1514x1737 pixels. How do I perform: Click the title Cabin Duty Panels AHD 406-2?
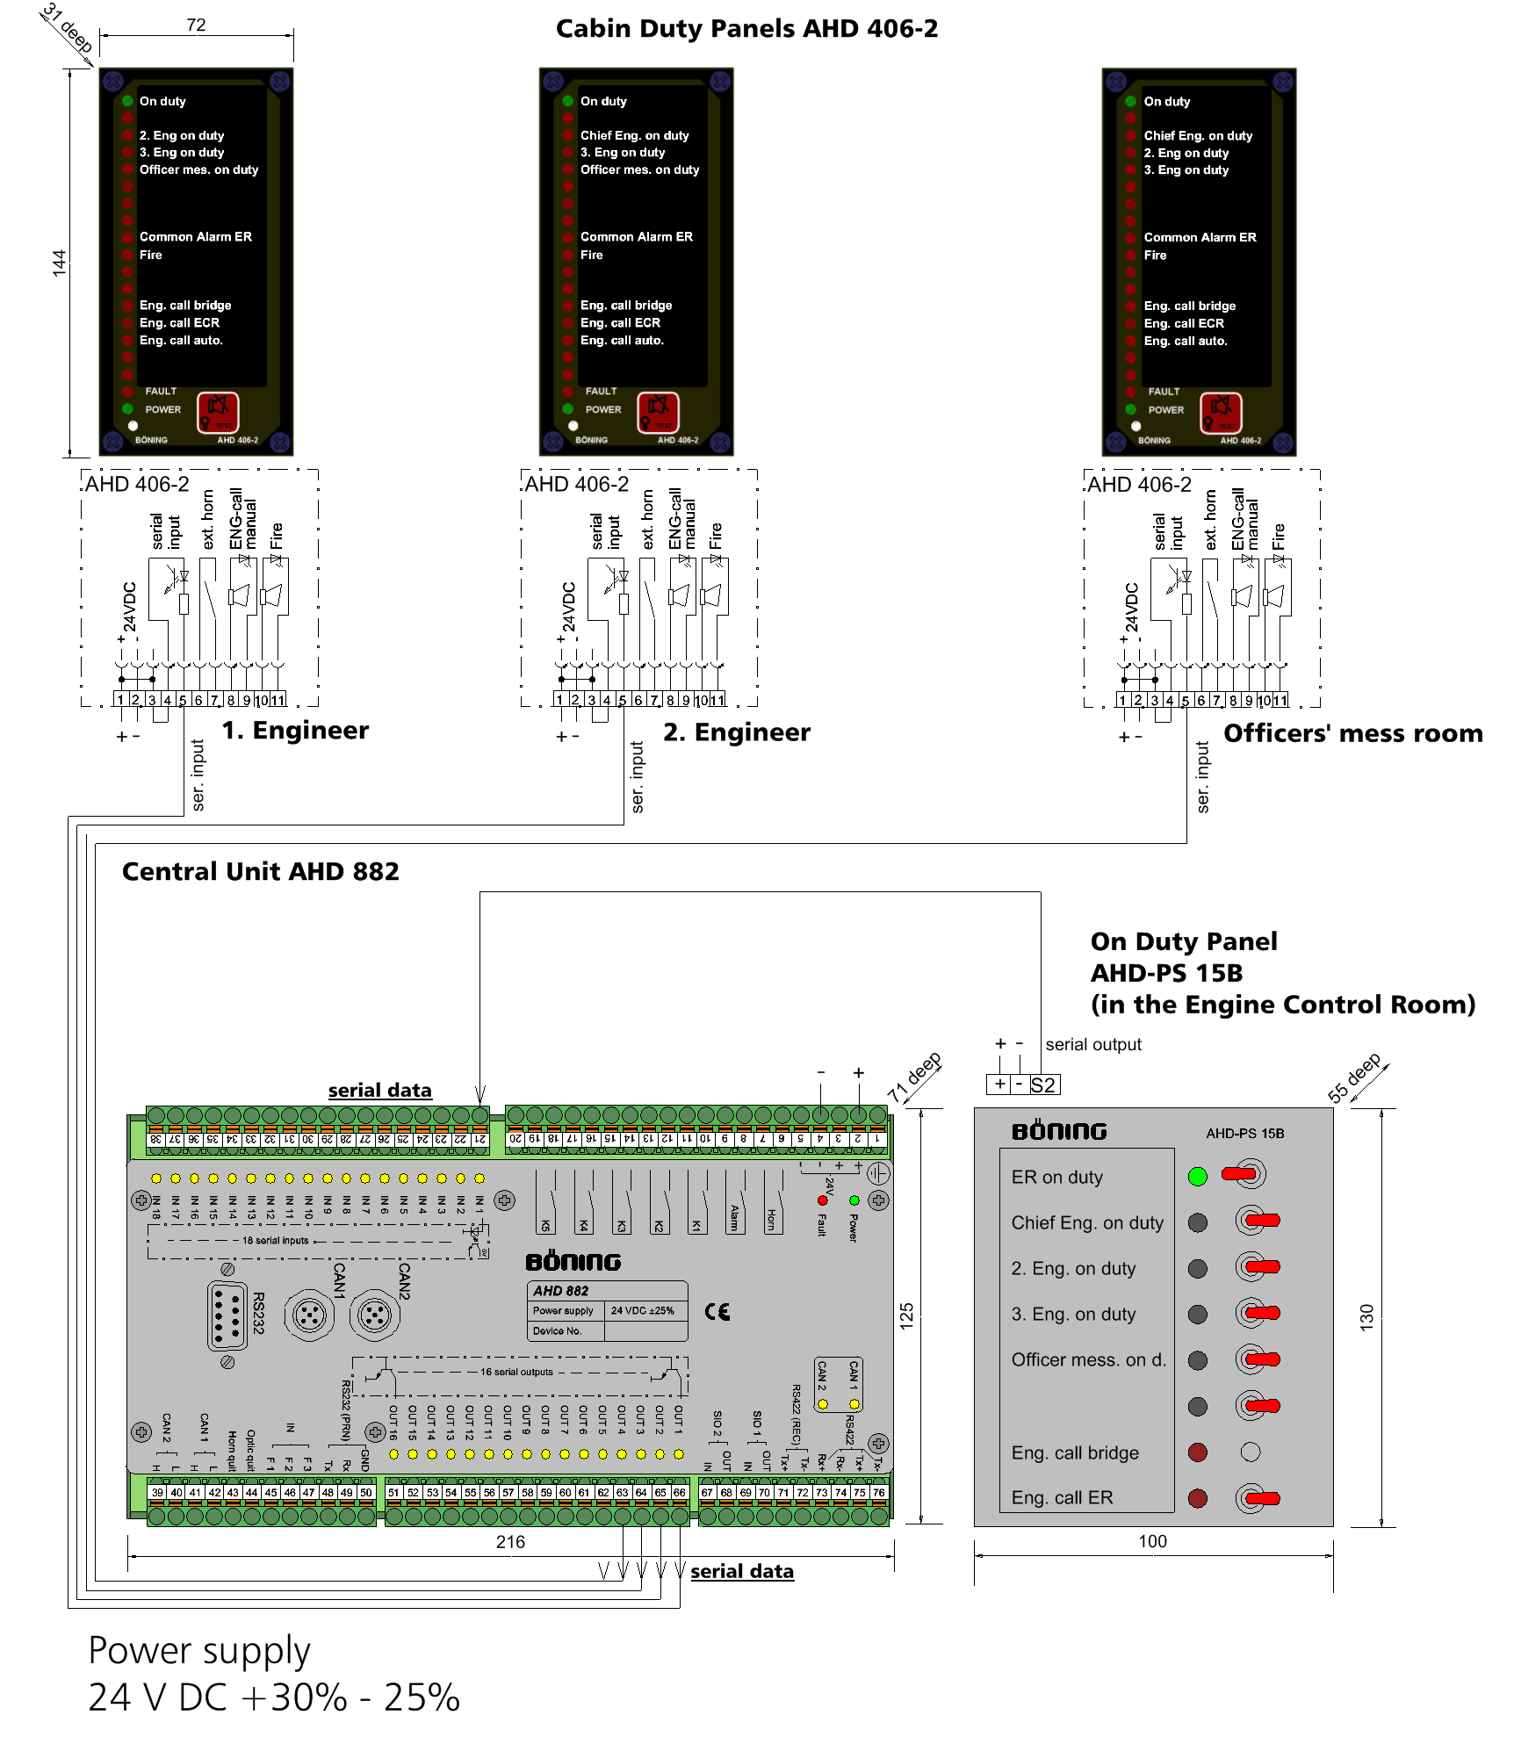[x=746, y=29]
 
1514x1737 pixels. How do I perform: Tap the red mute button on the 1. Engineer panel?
[x=217, y=411]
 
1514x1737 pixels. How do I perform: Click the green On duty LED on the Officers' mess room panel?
[x=1130, y=101]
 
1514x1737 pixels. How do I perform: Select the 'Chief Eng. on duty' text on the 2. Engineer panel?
[x=634, y=135]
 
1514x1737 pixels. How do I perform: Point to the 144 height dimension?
[x=59, y=263]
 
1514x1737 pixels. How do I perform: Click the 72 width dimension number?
[x=196, y=25]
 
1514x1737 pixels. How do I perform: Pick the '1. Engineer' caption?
[x=295, y=731]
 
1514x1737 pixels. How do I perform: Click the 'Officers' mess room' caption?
[x=1352, y=733]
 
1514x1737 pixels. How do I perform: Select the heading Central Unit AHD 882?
[x=260, y=871]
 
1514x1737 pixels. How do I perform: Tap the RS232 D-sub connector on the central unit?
[x=227, y=1315]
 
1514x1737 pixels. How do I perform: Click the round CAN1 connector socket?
[x=309, y=1315]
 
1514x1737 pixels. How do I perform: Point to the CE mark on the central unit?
[x=717, y=1311]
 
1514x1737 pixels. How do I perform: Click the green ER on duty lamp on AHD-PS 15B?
[x=1197, y=1177]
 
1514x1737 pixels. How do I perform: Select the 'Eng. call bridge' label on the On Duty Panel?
[x=1074, y=1452]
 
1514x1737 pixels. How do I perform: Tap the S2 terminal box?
[x=1042, y=1085]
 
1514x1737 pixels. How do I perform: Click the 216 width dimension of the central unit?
[x=510, y=1542]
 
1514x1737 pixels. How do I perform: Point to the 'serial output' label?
[x=1092, y=1044]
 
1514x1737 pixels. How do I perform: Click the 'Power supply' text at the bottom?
[x=199, y=1651]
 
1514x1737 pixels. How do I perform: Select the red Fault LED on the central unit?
[x=823, y=1200]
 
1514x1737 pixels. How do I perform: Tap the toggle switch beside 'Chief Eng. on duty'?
[x=1257, y=1221]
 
